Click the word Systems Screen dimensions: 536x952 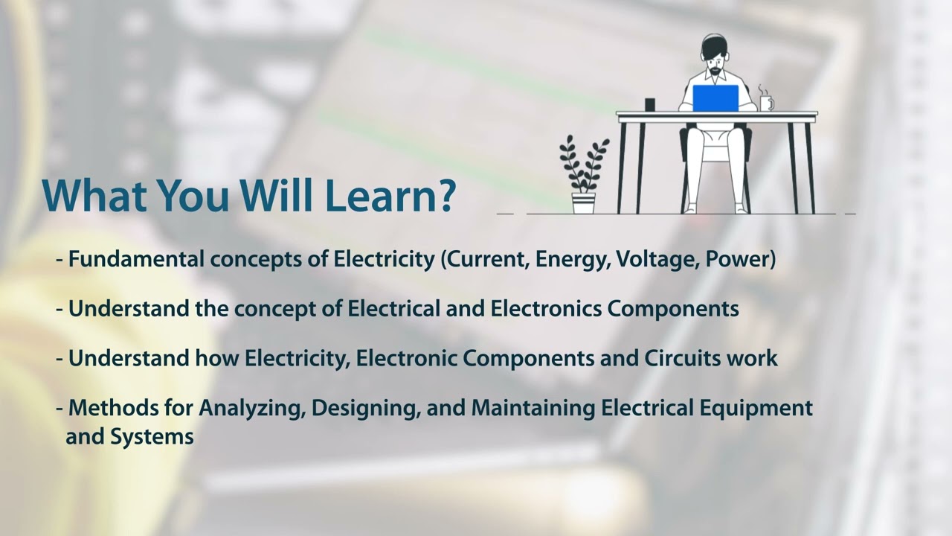[152, 437]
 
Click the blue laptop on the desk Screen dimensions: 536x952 [715, 98]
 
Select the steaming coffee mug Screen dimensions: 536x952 [765, 102]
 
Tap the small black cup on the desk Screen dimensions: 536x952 [650, 105]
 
